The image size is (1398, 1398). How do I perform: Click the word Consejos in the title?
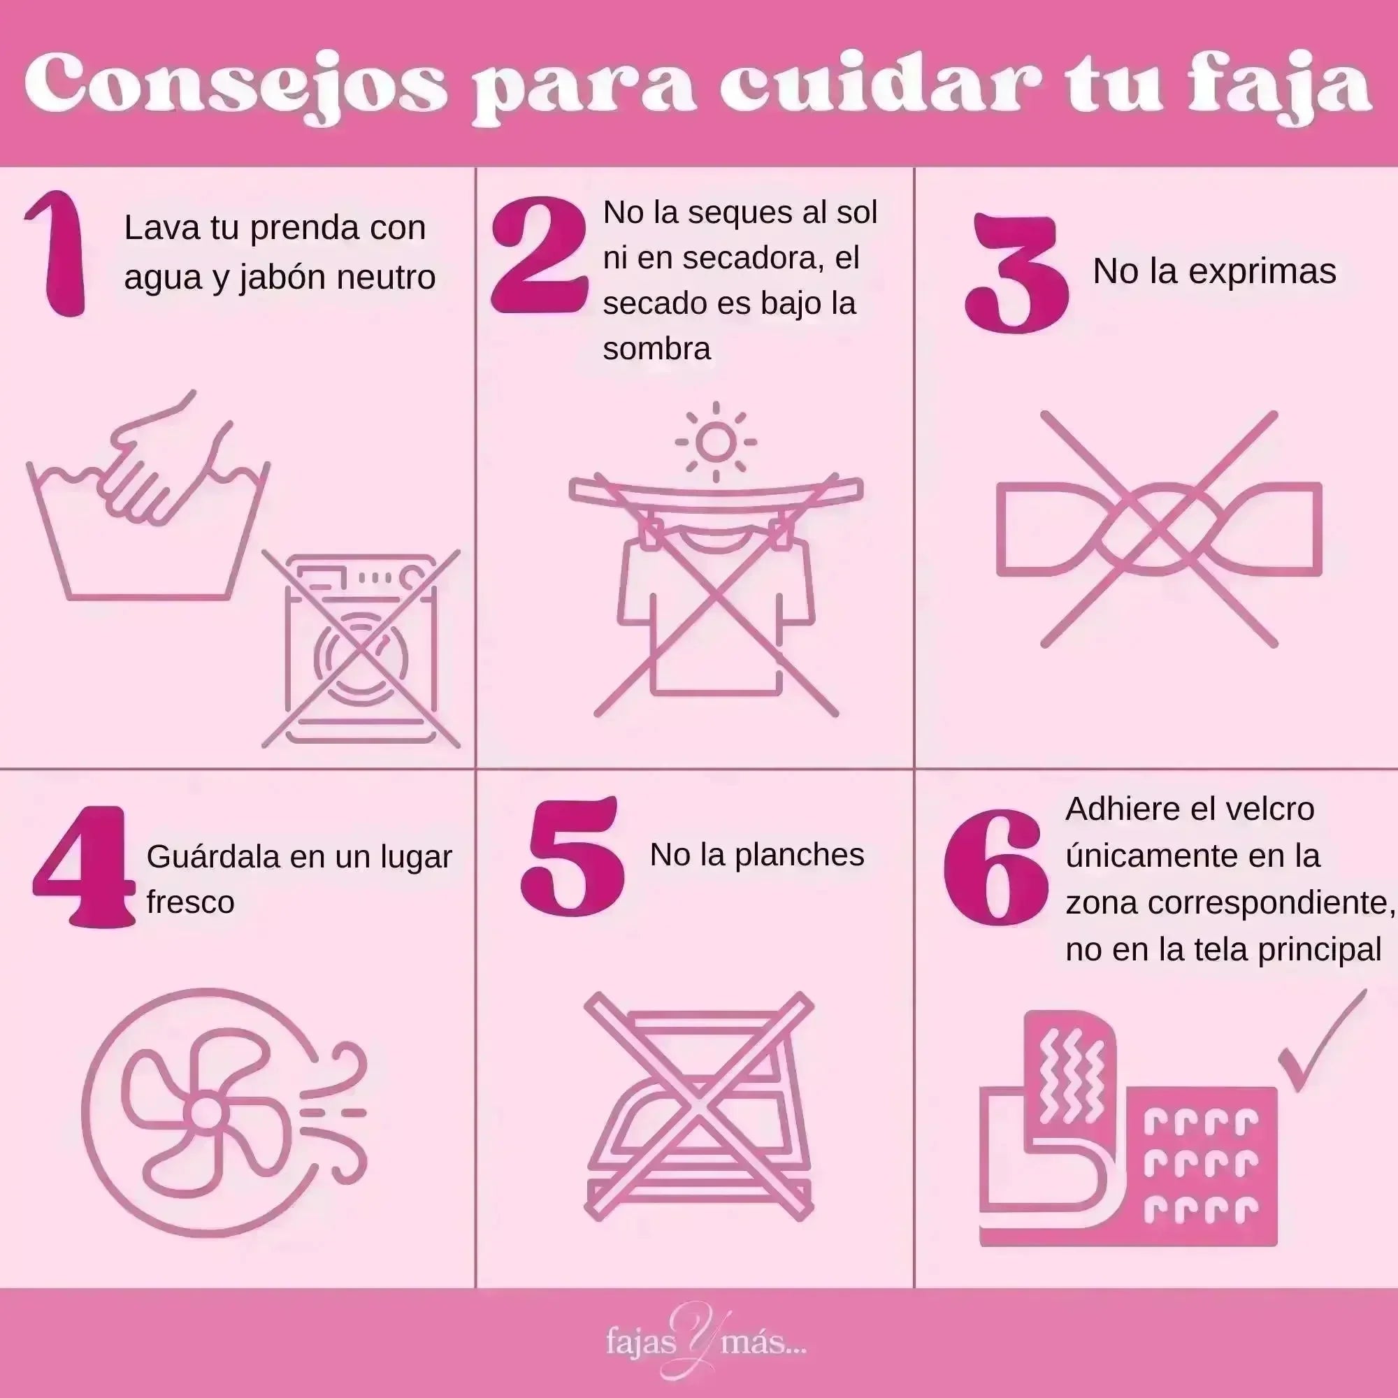[235, 88]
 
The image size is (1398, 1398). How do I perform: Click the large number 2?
[539, 257]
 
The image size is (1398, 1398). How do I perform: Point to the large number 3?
[1016, 271]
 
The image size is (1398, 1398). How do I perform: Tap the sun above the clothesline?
[716, 442]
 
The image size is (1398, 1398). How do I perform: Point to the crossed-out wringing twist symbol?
[1158, 530]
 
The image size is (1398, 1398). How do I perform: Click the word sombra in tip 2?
[657, 349]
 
